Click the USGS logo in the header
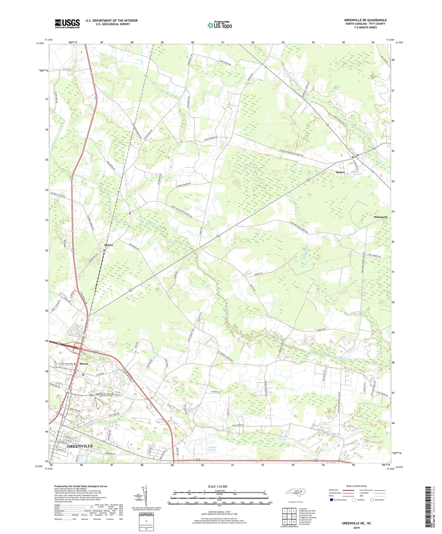[x=67, y=24]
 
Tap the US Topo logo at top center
[x=220, y=25]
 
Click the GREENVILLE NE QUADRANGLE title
[x=365, y=20]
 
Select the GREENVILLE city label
[x=80, y=446]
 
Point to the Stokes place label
[x=340, y=172]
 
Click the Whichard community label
[x=380, y=217]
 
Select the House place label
[x=84, y=364]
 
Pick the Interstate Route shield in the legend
[x=331, y=500]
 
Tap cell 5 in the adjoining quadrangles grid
[x=294, y=516]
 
